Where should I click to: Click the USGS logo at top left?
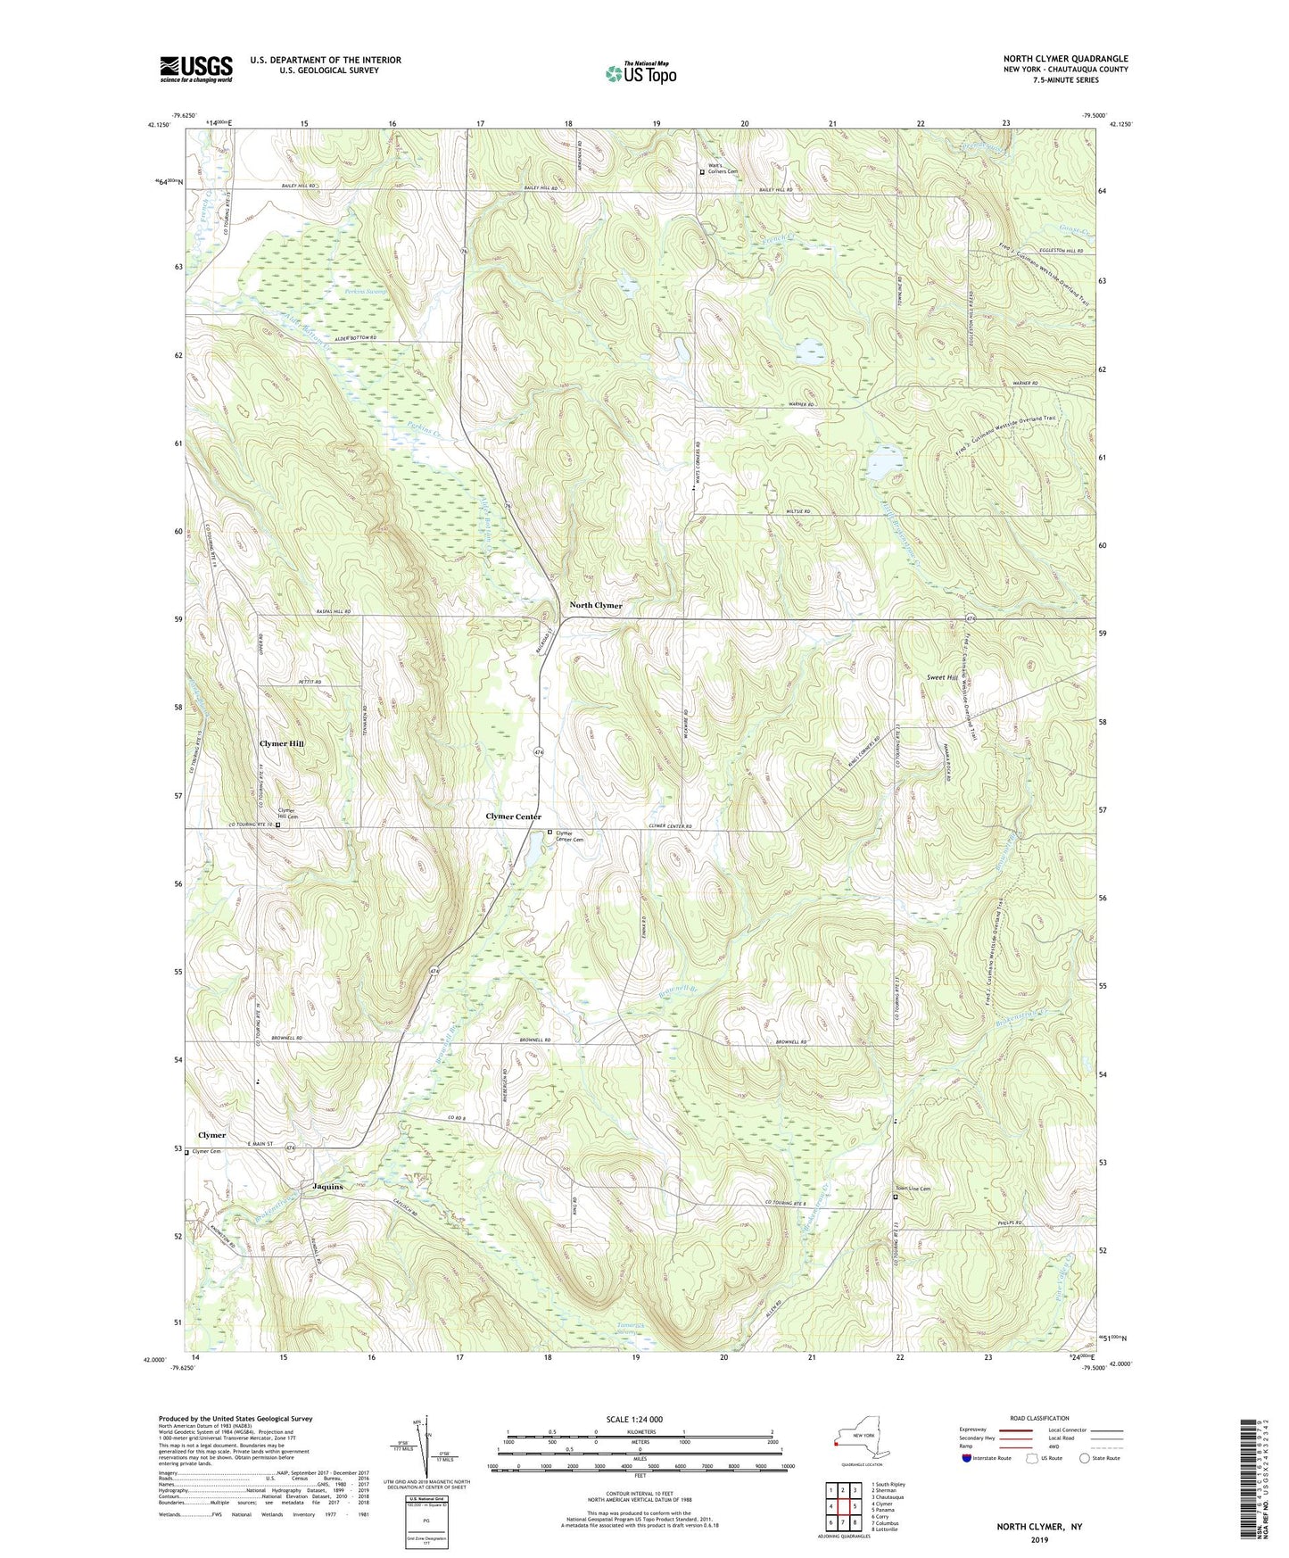(x=196, y=69)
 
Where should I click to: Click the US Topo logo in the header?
(x=640, y=73)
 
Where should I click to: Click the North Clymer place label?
(x=596, y=606)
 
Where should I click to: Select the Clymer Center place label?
(x=513, y=817)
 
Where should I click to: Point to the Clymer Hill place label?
(x=282, y=743)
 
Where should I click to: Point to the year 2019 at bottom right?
(x=1039, y=1540)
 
